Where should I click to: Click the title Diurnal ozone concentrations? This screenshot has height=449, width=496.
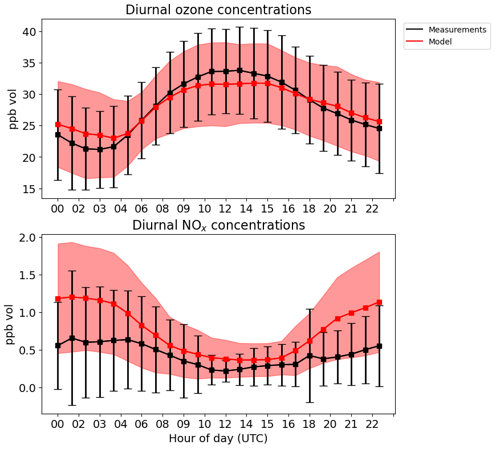218,10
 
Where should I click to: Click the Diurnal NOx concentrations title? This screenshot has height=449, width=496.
218,226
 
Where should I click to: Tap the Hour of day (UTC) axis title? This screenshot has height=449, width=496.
218,439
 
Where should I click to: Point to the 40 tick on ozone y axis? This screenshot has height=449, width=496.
30,32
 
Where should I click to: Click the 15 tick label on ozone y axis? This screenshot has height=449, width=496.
30,189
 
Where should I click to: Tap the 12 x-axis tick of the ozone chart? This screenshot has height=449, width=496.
226,209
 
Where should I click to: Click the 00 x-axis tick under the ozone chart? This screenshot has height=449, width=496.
58,209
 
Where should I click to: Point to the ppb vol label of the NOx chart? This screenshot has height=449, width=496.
10,321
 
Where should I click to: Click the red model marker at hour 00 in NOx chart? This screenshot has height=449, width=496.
58,299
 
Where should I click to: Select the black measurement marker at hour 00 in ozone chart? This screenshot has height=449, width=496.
58,134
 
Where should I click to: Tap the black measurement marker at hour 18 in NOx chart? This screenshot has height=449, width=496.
310,356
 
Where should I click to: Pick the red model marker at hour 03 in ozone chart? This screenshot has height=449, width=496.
100,135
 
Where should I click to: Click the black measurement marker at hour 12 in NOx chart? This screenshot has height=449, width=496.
226,371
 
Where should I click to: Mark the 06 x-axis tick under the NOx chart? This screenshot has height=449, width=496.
141,424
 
